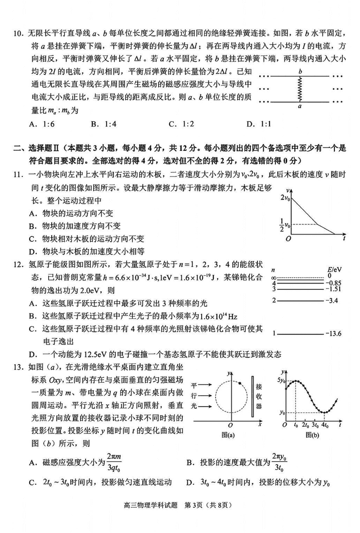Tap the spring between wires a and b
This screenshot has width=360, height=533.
(299, 89)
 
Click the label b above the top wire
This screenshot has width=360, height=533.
(300, 71)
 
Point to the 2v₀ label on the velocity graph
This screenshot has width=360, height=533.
(285, 197)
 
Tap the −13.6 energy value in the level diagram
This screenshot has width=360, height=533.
(333, 334)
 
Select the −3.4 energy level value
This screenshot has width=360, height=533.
(331, 300)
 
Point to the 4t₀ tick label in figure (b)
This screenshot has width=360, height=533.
(324, 425)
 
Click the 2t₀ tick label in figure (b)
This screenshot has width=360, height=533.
(305, 425)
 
